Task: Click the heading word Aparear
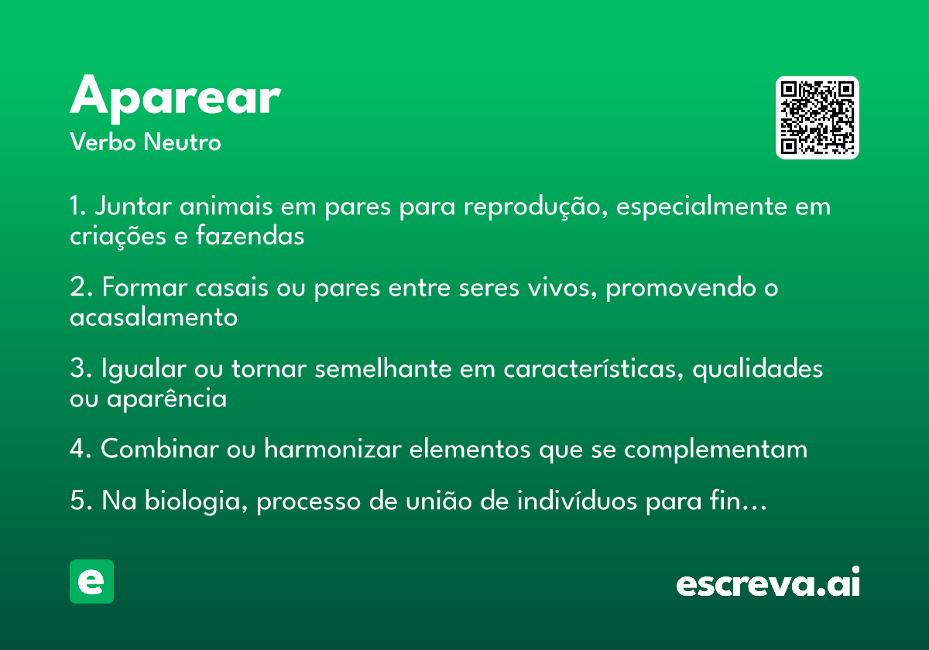click(175, 97)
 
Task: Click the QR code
click(818, 118)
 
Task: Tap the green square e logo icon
click(91, 581)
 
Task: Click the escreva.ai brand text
click(768, 583)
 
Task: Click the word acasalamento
click(153, 317)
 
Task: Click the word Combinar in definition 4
click(159, 450)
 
